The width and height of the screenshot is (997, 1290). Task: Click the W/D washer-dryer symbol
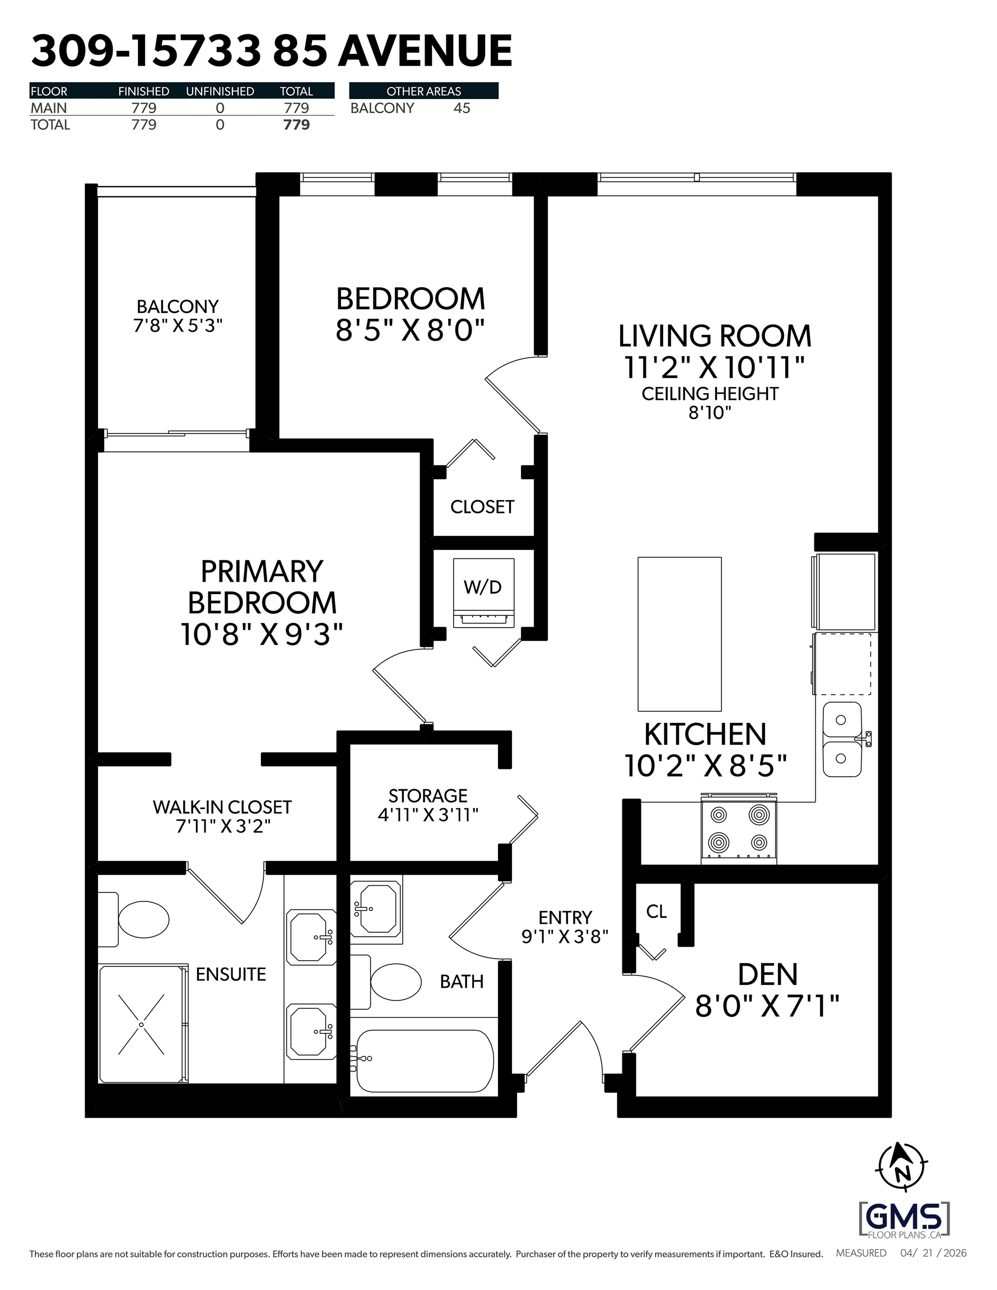pos(483,592)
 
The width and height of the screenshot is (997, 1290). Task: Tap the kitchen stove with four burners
pos(739,829)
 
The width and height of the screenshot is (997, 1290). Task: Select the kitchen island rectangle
pos(679,634)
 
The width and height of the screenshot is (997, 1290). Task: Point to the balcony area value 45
pos(462,108)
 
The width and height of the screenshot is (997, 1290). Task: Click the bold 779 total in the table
pos(297,125)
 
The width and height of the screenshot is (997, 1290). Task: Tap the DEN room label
pos(768,975)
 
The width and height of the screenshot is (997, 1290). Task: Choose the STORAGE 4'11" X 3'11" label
pos(428,805)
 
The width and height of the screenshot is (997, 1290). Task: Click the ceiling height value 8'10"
pos(710,412)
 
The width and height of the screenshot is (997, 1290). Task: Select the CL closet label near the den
pos(656,912)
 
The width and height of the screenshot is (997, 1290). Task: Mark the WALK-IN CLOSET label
pos(222,807)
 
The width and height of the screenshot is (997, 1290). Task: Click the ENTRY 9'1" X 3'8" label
pos(565,927)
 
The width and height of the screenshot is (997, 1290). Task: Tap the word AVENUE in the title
pos(425,51)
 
